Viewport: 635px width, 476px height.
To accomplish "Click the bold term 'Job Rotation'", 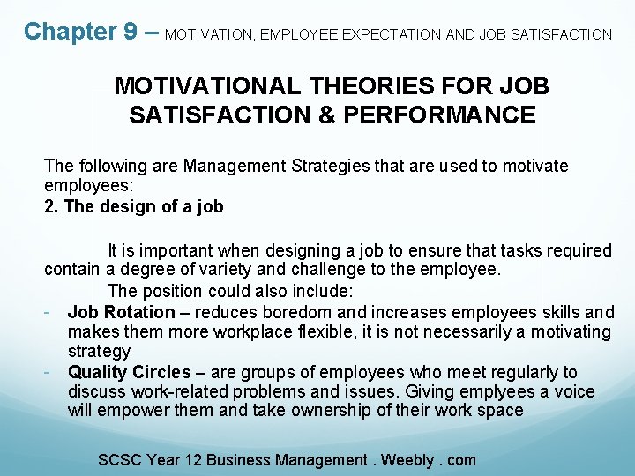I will tap(121, 312).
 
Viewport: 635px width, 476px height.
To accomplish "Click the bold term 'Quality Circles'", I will tap(129, 372).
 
